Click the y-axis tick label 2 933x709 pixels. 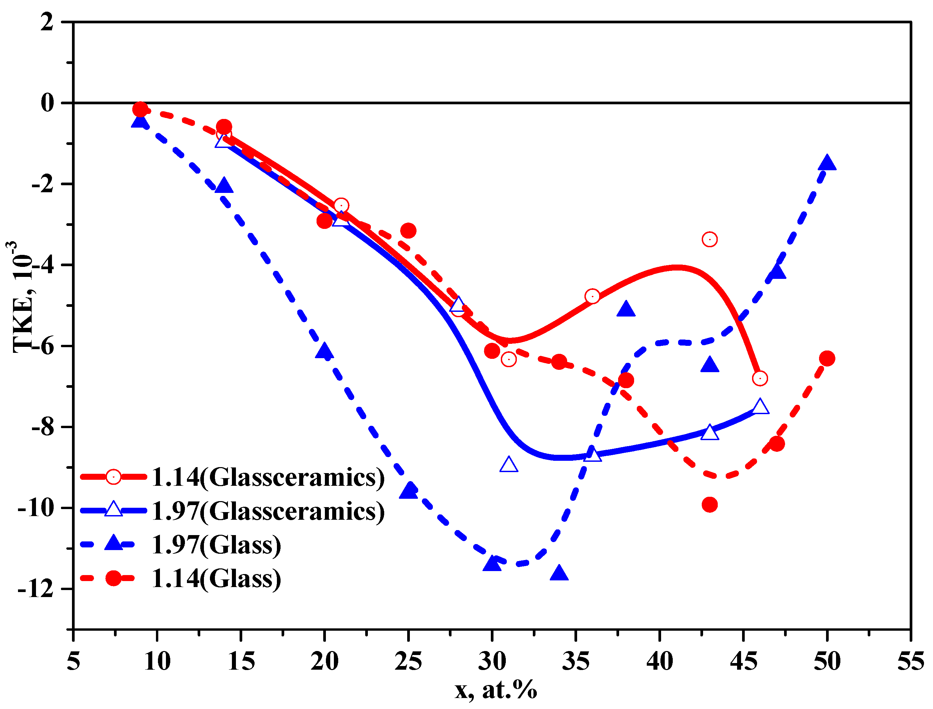pos(47,22)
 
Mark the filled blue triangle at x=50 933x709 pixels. pos(827,163)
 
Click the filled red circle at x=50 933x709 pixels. pos(827,358)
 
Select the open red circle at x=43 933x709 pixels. pos(710,239)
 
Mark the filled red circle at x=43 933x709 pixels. pos(710,504)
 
